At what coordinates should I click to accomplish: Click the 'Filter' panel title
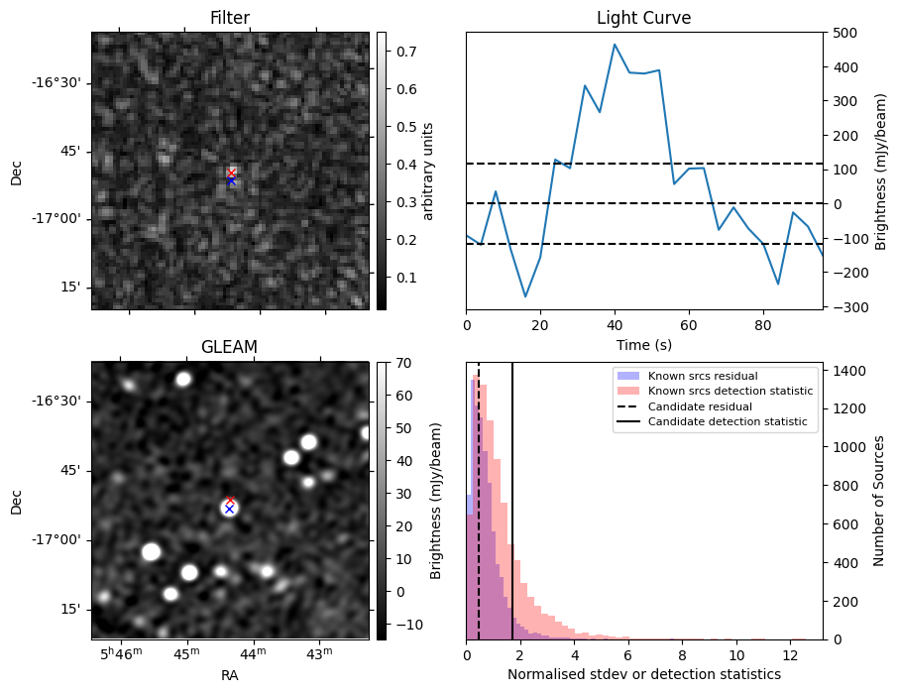[x=230, y=18]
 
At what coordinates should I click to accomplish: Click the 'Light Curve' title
[x=643, y=18]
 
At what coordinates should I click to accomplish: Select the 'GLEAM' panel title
[x=230, y=347]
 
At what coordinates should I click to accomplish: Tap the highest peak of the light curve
[x=615, y=44]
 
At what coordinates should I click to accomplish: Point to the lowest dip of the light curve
[x=526, y=296]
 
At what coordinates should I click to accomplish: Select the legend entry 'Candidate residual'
[x=694, y=407]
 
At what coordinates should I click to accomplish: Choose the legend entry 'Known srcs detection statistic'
[x=730, y=392]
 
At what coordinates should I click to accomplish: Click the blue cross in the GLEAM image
[x=229, y=509]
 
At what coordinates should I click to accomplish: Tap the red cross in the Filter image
[x=231, y=173]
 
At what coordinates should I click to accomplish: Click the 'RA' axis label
[x=230, y=675]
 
